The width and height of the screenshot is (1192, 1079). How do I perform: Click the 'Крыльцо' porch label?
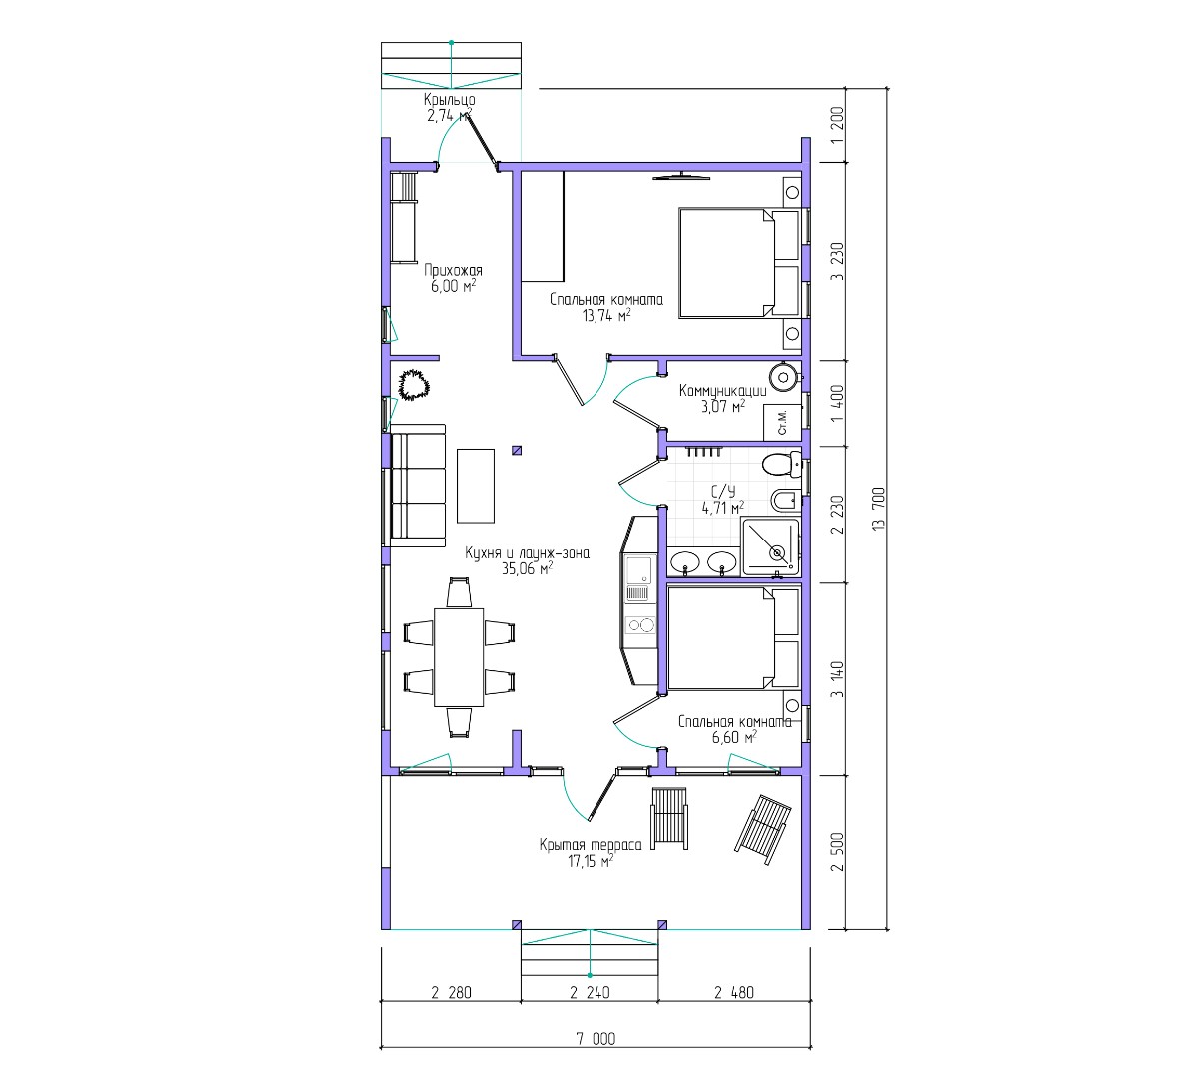coord(450,100)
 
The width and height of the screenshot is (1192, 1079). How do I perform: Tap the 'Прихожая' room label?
coord(453,270)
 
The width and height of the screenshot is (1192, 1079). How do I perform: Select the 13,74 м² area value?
coord(606,315)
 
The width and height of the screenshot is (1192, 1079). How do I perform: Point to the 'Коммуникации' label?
coord(722,391)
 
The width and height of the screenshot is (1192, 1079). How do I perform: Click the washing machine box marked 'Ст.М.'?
coord(782,421)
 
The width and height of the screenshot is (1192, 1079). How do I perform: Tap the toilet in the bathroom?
coord(782,464)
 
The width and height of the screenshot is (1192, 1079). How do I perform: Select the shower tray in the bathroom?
coord(770,546)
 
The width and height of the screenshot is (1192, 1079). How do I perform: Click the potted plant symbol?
coord(413,385)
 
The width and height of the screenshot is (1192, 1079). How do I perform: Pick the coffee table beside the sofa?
coord(476,486)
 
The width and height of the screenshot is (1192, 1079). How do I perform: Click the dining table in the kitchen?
coord(459,657)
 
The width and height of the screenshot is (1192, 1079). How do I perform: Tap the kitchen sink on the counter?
coord(638,568)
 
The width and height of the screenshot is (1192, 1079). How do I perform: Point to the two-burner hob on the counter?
coord(639,625)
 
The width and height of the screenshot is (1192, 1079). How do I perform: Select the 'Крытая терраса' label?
coord(590,845)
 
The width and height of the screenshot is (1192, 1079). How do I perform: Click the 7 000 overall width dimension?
coord(596,1039)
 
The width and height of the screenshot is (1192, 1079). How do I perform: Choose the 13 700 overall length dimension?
coord(879,509)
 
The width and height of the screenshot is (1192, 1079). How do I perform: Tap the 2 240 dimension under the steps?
coord(590,992)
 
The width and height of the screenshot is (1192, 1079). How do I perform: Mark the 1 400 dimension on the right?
coord(837,403)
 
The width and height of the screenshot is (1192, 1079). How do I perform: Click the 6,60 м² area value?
coord(734,737)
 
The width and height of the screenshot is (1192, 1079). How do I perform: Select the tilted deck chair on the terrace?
coord(763,829)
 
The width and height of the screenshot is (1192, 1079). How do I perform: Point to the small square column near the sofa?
coord(517,451)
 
